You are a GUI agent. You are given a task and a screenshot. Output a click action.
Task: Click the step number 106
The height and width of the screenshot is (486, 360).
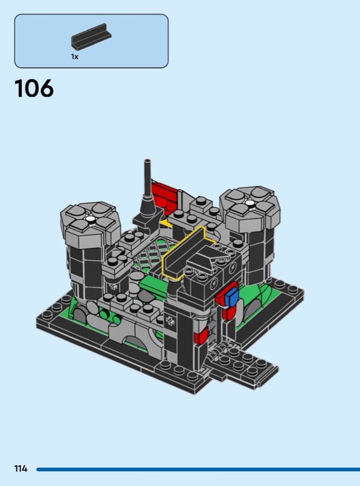(x=34, y=88)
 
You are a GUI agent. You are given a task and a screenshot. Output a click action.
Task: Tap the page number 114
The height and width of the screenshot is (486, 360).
(x=21, y=468)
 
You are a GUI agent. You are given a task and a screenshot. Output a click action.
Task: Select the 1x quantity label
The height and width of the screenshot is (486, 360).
(x=75, y=56)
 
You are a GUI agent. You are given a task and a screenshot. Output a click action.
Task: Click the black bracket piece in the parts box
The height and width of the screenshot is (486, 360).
(x=92, y=36)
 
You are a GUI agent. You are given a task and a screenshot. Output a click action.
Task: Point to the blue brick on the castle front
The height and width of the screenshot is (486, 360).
(x=232, y=296)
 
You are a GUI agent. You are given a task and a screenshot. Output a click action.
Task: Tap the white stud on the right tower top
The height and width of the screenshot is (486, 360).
(x=250, y=203)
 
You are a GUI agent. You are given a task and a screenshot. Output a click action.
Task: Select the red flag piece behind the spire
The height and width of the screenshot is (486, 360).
(x=164, y=196)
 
